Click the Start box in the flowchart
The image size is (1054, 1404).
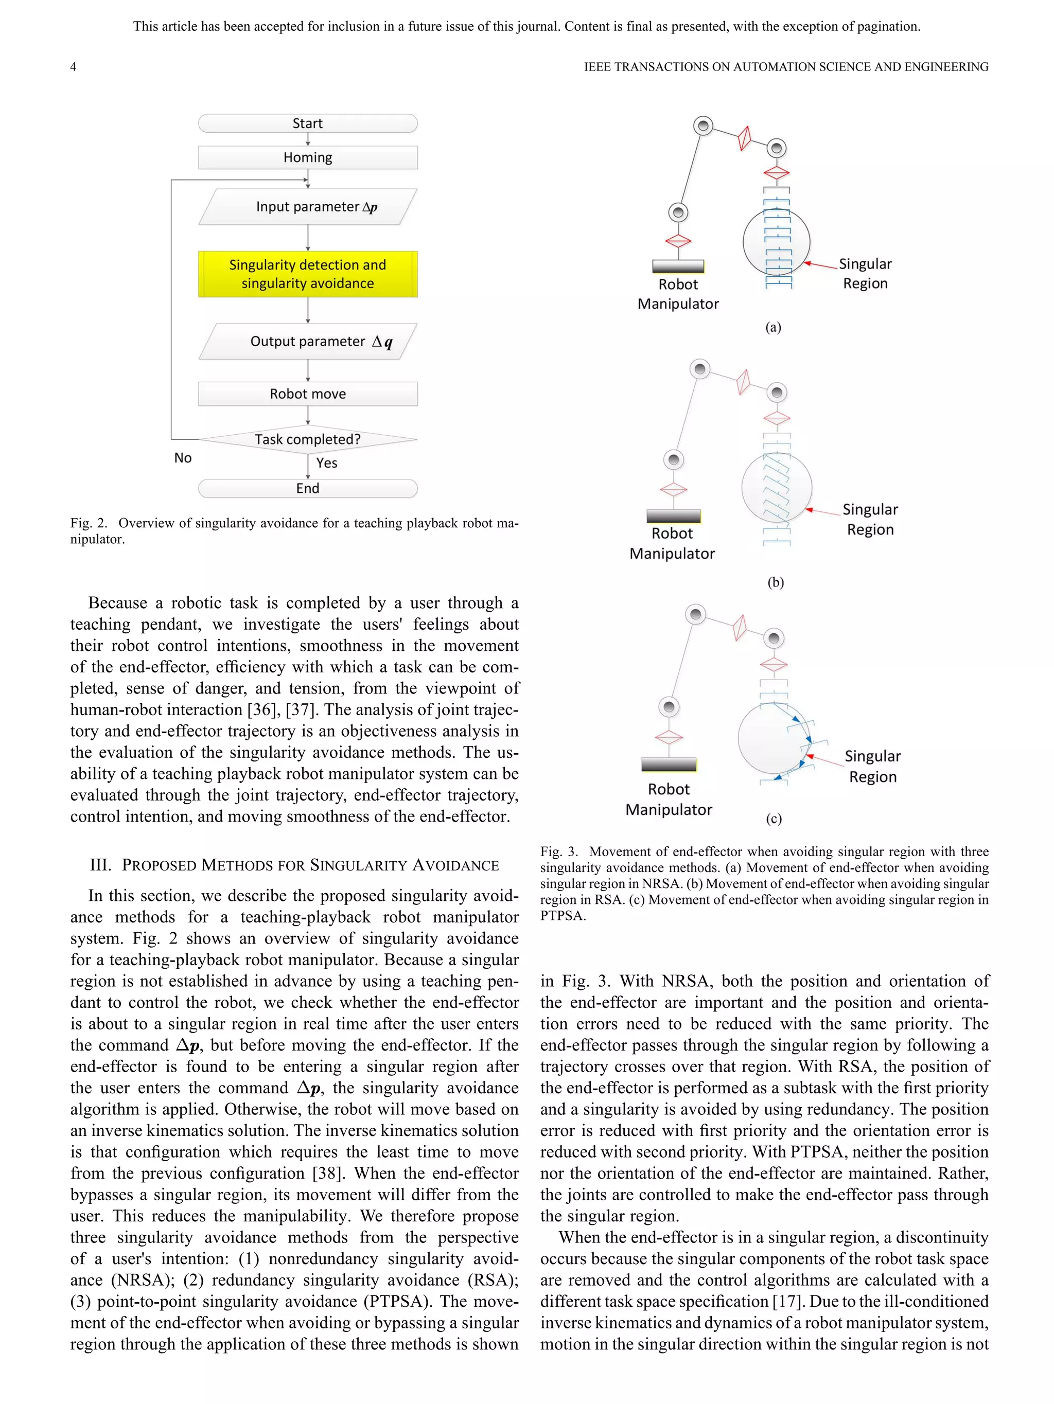307,123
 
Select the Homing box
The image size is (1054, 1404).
307,157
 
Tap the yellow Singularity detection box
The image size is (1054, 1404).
307,274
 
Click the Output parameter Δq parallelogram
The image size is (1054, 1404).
307,342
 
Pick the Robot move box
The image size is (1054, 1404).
307,394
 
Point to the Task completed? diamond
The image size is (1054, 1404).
307,439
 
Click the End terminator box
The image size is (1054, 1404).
307,488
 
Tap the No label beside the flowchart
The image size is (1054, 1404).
183,458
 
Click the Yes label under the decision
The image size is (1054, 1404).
327,463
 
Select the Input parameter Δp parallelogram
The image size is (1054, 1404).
307,207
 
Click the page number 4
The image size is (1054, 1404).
73,67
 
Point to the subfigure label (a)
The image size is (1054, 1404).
772,328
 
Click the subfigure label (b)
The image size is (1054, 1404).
775,582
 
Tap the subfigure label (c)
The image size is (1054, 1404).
774,819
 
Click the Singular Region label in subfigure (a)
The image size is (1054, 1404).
865,274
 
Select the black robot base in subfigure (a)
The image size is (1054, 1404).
678,266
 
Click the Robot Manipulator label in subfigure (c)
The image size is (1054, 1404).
669,799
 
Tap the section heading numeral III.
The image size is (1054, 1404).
100,865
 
